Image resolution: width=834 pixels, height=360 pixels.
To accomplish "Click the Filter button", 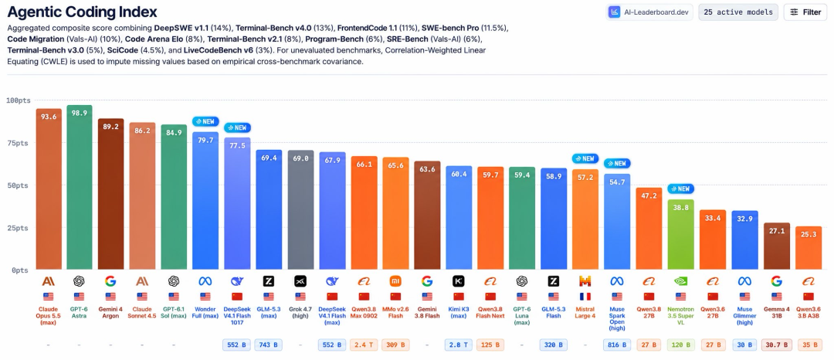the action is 805,12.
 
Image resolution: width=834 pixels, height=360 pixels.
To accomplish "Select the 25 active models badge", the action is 738,12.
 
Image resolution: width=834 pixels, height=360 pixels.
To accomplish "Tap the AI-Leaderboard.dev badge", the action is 649,12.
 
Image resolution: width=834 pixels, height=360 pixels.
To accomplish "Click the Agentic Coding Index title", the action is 82,12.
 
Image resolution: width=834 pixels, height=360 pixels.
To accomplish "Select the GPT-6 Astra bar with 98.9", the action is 80,187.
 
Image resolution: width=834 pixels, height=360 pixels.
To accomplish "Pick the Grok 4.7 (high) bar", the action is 300,210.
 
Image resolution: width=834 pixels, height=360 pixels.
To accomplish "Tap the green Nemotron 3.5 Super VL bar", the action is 680,235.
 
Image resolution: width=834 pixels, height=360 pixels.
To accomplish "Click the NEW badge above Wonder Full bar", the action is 206,122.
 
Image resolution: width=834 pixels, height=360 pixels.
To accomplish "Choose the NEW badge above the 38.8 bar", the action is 680,188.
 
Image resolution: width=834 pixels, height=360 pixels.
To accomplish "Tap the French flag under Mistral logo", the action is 585,297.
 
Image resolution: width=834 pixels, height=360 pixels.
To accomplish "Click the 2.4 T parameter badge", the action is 364,345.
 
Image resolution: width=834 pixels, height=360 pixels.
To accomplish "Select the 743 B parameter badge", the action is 269,345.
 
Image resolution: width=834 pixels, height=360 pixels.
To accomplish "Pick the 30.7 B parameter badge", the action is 776,345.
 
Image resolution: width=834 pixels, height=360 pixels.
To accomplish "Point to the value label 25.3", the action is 808,235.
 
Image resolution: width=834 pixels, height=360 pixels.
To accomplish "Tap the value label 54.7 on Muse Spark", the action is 617,182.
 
